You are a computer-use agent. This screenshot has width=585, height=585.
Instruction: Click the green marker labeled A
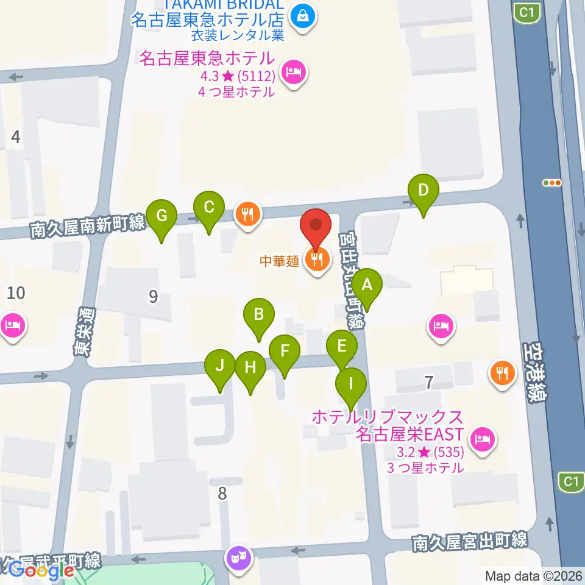coord(367,284)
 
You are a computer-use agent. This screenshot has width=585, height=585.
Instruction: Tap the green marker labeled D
coord(423,190)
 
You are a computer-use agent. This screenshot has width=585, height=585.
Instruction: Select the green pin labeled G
coord(161,216)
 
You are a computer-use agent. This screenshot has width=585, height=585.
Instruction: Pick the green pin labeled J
coord(220,366)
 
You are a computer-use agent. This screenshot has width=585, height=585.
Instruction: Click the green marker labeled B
coord(259,314)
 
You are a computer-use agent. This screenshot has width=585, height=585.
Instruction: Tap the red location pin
coord(316,225)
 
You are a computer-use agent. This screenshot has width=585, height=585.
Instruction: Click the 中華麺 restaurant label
coord(279,261)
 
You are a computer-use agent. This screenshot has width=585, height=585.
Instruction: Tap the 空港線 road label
coord(535,372)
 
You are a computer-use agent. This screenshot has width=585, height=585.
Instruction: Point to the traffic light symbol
coord(551,182)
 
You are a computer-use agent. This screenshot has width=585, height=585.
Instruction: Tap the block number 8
coord(222,493)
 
